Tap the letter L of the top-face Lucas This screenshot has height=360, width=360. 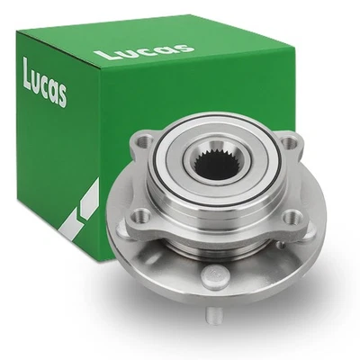pyautogui.click(x=103, y=56)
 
